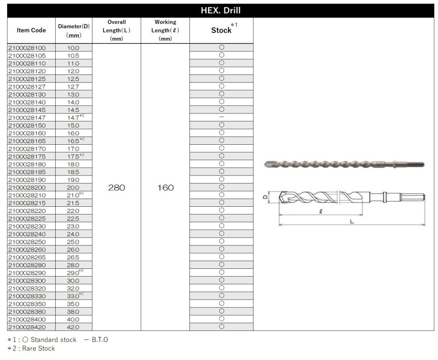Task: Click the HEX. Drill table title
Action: [220, 11]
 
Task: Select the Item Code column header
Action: [31, 30]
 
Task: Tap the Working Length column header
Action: [165, 30]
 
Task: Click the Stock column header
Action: [222, 30]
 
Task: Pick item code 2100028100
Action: [27, 48]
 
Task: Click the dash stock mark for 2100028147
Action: [222, 117]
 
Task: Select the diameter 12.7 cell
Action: [73, 86]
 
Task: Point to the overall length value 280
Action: [116, 188]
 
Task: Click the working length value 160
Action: [165, 188]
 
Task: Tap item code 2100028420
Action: [27, 327]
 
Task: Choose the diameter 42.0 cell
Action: [73, 327]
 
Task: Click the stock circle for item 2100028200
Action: [222, 187]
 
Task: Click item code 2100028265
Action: [27, 257]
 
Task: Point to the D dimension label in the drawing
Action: [265, 197]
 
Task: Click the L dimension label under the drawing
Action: [352, 222]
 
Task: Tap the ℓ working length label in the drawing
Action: [320, 211]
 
